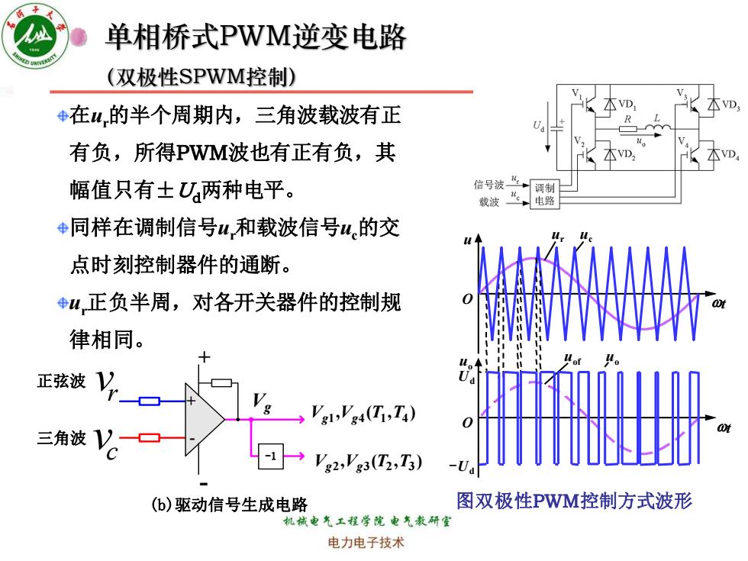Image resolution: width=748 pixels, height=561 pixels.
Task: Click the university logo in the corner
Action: tap(35, 37)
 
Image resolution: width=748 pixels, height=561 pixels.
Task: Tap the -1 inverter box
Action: tap(270, 456)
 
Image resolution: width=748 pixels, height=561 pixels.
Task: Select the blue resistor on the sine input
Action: tap(150, 401)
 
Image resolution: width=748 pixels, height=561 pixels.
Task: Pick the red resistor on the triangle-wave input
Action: tap(150, 437)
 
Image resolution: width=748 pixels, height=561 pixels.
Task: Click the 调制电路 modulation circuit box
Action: tap(544, 195)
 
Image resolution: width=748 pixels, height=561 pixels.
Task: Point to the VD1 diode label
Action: tap(627, 105)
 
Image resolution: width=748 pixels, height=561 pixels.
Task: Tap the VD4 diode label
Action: tap(730, 155)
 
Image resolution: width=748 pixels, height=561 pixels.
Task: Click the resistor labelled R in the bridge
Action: tap(627, 128)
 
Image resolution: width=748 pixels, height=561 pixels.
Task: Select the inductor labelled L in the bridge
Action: tap(658, 127)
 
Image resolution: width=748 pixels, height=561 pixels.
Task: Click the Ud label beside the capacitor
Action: tap(539, 126)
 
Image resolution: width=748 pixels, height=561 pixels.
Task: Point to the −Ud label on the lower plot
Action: tap(463, 466)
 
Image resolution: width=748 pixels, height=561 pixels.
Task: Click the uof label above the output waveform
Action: tap(572, 358)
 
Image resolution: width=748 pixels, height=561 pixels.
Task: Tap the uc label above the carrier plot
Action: tap(586, 236)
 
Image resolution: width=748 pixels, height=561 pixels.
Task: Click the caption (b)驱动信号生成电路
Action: tap(229, 505)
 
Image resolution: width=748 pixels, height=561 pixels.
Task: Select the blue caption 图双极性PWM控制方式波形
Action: tap(574, 501)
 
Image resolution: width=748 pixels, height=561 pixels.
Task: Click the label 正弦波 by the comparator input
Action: tap(62, 381)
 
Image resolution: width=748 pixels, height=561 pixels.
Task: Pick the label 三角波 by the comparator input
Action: tap(62, 438)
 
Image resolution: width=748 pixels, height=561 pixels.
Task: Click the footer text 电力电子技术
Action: tap(366, 543)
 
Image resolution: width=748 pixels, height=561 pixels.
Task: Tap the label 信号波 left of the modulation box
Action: tap(488, 185)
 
